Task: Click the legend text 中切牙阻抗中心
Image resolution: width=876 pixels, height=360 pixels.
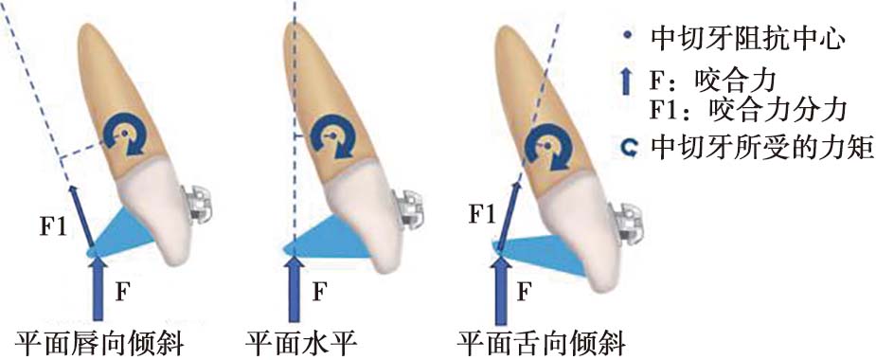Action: coord(746,39)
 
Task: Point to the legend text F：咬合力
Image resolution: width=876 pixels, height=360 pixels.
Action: coord(714,82)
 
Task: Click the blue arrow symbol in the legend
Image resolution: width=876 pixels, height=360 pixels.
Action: coord(627,82)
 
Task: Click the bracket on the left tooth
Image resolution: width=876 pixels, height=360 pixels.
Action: coord(195,206)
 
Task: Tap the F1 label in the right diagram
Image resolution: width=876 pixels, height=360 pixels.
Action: coord(480,216)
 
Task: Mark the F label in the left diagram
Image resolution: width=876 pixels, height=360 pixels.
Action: coord(123,292)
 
